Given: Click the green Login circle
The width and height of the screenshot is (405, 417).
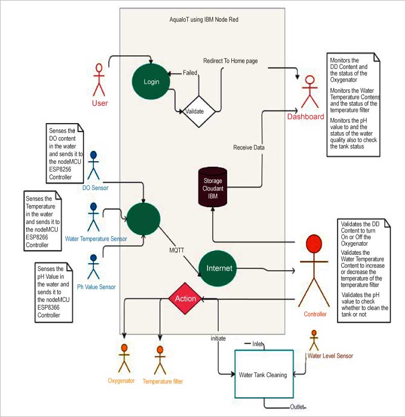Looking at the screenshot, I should coord(151,82).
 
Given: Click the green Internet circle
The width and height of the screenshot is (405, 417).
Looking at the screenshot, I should coord(219,268).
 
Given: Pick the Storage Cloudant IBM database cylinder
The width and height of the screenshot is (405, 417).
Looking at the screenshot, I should coord(212,185).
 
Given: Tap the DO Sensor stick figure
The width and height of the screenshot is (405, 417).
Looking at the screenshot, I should coord(93,165).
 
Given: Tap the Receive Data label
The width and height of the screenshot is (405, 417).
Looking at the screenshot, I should coord(249,147).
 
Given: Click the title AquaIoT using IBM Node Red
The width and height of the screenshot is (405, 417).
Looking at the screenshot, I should coord(204,20).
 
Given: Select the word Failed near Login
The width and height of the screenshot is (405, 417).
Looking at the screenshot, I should coord(190,72).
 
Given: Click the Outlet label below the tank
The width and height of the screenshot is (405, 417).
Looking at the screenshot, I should coord(298,407).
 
